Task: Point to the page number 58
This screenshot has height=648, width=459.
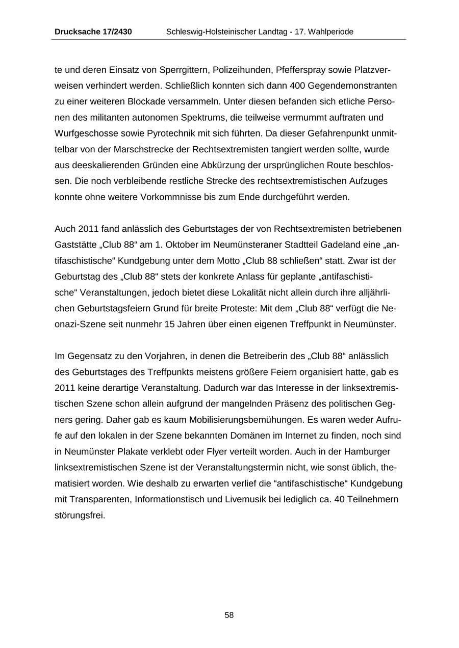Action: pyautogui.click(x=229, y=615)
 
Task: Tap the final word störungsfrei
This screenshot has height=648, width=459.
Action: pyautogui.click(x=80, y=515)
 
